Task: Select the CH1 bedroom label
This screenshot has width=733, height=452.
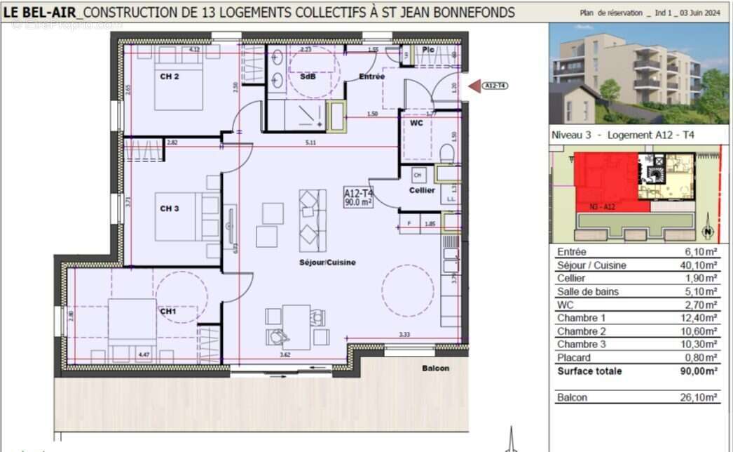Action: tap(167, 310)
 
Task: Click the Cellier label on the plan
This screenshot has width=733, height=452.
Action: tap(422, 190)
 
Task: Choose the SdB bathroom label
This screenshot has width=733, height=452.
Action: tap(308, 77)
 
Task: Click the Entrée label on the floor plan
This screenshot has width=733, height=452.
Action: tap(371, 77)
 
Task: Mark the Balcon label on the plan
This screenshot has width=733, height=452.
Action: tap(435, 368)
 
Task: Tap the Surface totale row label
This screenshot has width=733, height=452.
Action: tap(589, 371)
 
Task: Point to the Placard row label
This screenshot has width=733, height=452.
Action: tap(574, 358)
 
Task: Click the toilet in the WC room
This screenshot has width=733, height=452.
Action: tap(446, 153)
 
